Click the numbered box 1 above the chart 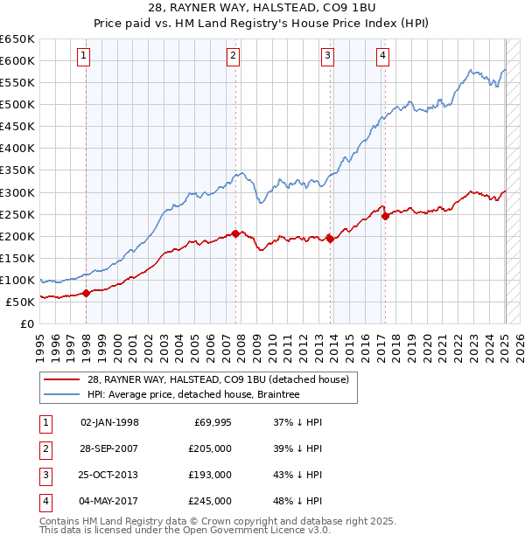click(84, 57)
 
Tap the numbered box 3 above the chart click(327, 57)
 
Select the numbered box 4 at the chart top click(383, 57)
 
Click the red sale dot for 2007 click(236, 233)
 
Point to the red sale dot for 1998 click(87, 293)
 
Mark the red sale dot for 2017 click(385, 217)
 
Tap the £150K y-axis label click(17, 258)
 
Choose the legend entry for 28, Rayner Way click(218, 379)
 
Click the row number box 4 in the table click(44, 501)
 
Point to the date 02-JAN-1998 click(109, 422)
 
